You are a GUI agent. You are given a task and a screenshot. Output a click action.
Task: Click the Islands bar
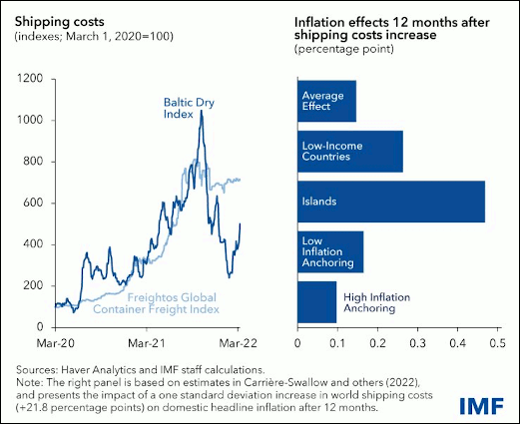coord(391,202)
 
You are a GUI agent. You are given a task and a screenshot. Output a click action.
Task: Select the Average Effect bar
coord(327,101)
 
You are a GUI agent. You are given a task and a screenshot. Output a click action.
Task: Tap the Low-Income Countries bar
coord(350,152)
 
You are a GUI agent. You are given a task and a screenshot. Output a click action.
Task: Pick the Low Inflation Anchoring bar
coord(330,252)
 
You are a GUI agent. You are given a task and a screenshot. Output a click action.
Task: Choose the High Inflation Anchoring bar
coord(317,302)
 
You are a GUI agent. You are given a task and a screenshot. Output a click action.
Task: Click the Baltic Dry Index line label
coord(189,108)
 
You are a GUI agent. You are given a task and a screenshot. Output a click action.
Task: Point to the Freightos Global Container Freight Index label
coord(156,303)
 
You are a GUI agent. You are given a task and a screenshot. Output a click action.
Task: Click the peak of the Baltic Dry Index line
coord(201,111)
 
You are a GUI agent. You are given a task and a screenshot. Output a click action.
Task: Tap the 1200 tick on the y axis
coord(30,79)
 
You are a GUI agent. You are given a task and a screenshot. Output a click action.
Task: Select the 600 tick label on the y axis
coord(33,203)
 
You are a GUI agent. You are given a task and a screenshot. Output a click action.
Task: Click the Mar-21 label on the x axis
coord(147,343)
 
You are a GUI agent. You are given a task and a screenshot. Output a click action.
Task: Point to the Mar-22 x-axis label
coord(239,343)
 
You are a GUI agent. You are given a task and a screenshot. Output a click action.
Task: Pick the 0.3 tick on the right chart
coord(417,343)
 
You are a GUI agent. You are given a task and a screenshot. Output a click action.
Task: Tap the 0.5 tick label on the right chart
coord(497,343)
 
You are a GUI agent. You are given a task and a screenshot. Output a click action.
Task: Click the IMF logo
coord(482,406)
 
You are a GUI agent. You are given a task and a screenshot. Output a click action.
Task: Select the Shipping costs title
coord(60,22)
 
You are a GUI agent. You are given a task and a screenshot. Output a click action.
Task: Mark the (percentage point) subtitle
coord(344,49)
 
